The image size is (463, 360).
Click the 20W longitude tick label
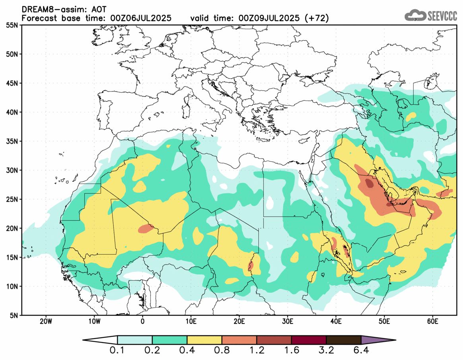coord(46,321)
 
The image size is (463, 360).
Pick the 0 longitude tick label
coord(143,321)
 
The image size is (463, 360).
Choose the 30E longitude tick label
coord(288,321)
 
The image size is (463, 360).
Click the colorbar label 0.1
coord(118,351)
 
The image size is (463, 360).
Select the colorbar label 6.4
coord(361,351)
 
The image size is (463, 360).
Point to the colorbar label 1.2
coord(257,351)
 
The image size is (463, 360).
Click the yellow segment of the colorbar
coord(204,340)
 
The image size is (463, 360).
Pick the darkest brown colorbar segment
coord(343,340)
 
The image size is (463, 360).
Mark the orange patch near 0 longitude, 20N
coord(146,229)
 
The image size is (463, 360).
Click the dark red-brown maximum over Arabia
coord(369,183)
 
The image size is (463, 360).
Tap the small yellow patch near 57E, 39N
coord(411,116)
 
